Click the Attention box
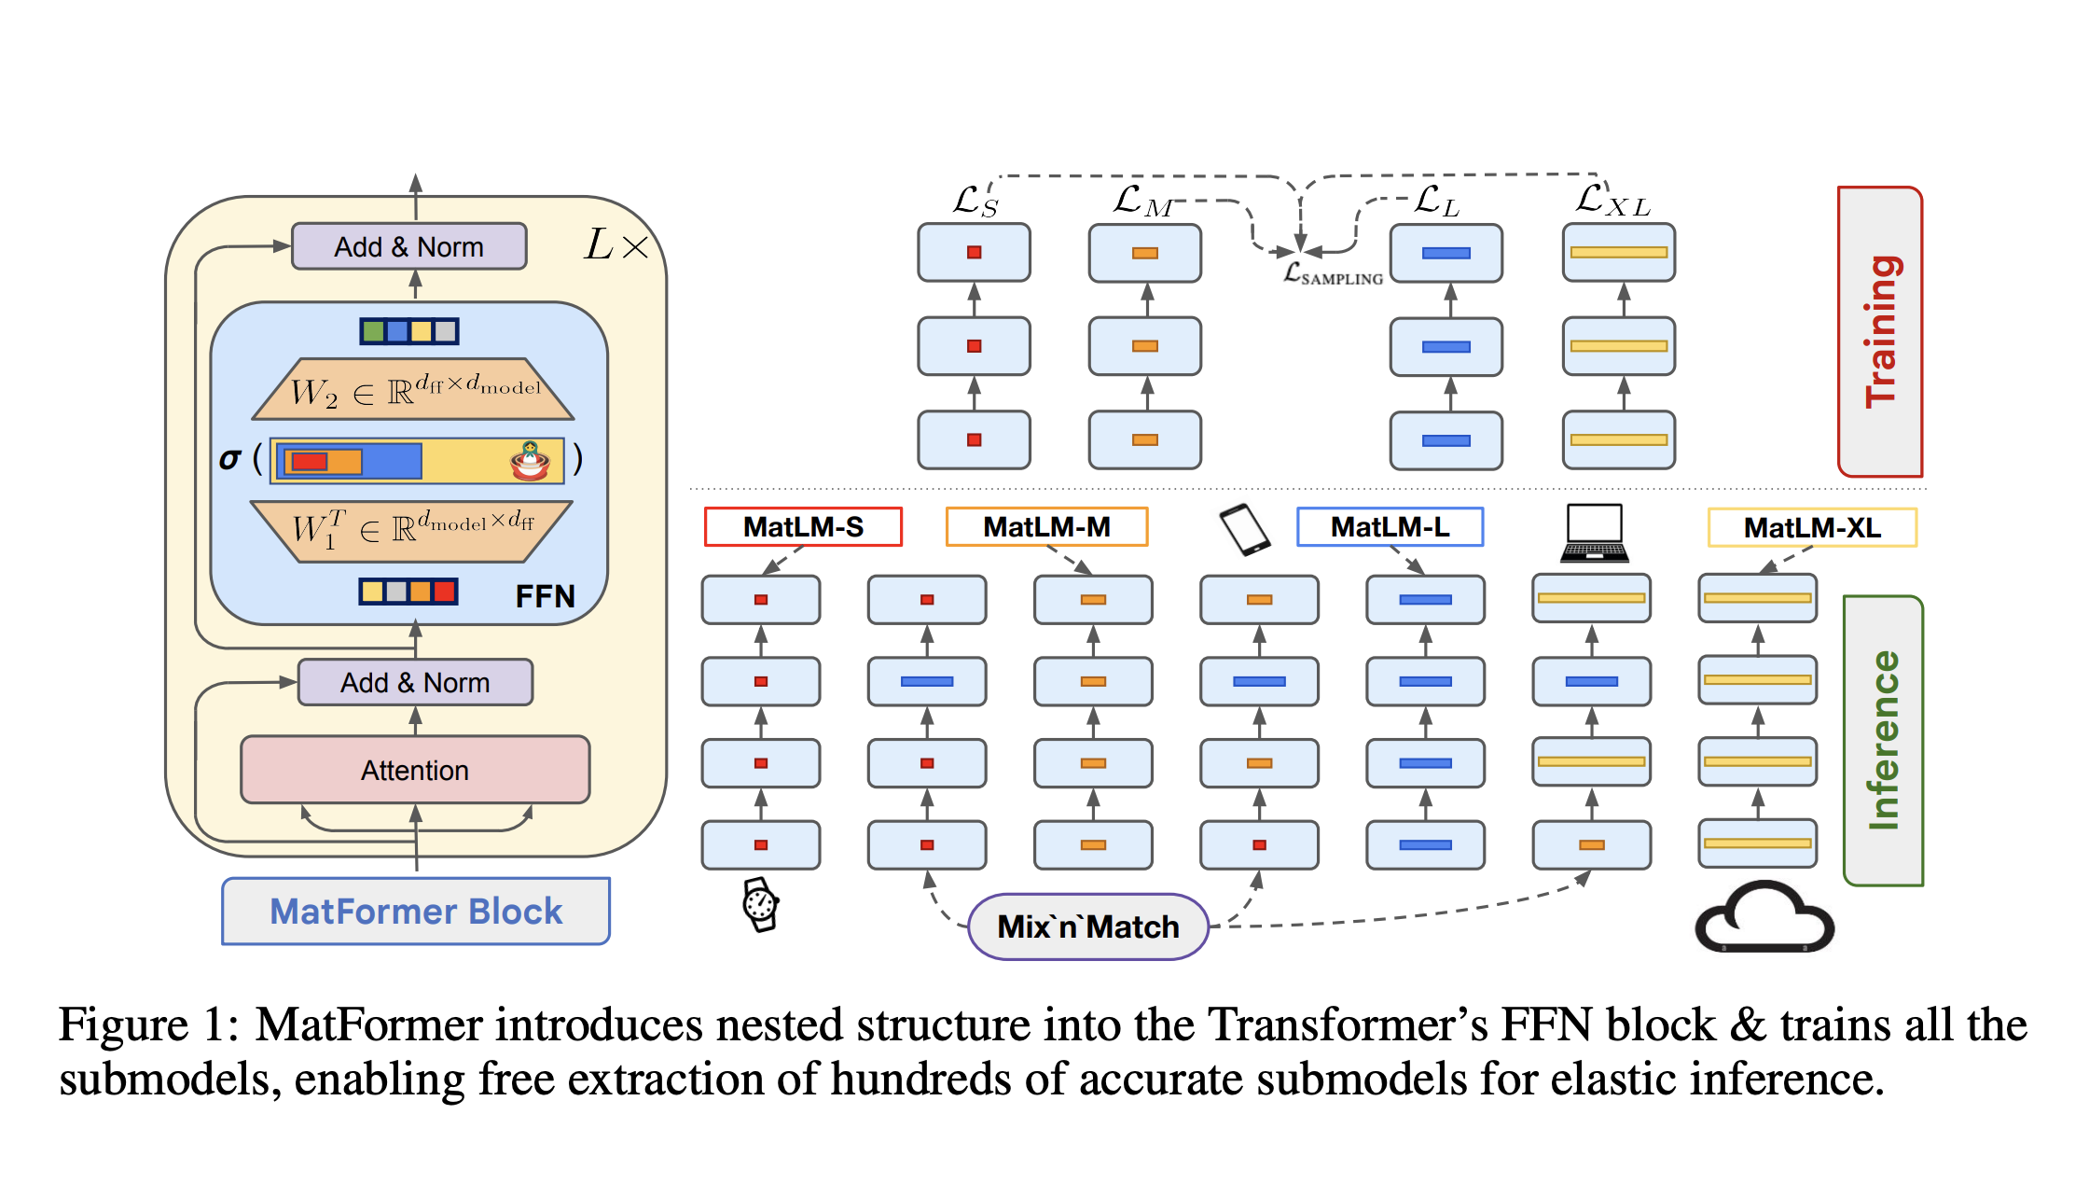coord(415,770)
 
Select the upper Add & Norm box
coord(409,246)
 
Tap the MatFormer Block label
coord(416,911)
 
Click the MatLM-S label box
coord(803,527)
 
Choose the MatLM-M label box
coord(1046,527)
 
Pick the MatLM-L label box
coord(1390,527)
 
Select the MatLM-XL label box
coord(1812,528)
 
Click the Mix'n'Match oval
coord(1088,926)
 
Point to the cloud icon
coord(1764,918)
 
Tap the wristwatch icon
coord(761,904)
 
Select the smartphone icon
coord(1245,530)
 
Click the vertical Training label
coord(1880,331)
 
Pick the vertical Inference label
coord(1883,740)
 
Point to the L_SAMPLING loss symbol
coord(1333,274)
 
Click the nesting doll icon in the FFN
coord(531,460)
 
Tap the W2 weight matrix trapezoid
coord(413,389)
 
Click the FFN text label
coord(545,596)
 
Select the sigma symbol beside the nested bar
coord(229,459)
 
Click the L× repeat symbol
coord(616,245)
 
